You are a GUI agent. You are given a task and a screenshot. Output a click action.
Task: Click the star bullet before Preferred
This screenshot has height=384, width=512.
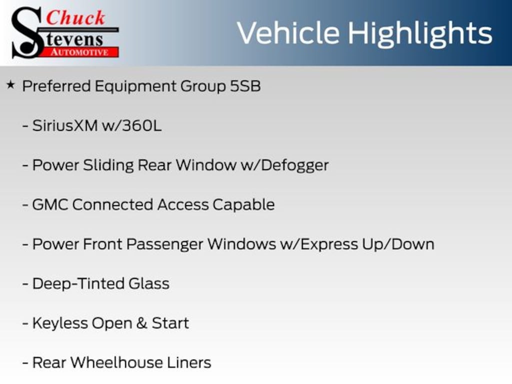point(10,85)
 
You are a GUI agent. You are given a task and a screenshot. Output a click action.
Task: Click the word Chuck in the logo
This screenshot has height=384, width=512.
point(75,18)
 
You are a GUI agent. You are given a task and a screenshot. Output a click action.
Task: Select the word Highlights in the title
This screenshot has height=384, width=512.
point(420,34)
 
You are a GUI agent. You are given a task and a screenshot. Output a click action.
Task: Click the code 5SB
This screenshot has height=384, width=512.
point(245,86)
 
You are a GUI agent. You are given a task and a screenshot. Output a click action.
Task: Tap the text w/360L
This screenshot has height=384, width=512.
point(132,125)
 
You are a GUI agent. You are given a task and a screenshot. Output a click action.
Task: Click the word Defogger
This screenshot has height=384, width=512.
point(294,165)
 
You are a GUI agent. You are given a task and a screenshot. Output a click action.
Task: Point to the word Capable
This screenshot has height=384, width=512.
point(243,204)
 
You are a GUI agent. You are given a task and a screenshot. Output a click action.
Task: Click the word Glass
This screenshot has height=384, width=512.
point(149,283)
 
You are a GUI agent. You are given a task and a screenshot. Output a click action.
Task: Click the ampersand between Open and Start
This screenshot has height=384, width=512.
point(141,323)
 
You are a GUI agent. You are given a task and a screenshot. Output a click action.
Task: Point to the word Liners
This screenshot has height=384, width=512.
point(189,362)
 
